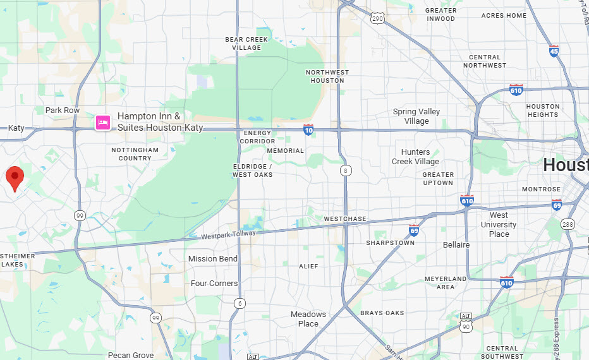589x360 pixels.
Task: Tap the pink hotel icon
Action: (x=103, y=122)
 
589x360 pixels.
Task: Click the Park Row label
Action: (x=63, y=111)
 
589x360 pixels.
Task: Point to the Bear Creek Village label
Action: (x=246, y=44)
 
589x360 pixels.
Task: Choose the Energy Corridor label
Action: (x=257, y=137)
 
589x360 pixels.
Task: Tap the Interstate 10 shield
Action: (x=308, y=129)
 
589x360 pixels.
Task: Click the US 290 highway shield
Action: (x=377, y=18)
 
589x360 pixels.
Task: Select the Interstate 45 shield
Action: (x=554, y=51)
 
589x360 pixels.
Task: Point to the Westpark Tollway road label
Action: (x=229, y=235)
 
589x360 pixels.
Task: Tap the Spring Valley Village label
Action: (x=416, y=116)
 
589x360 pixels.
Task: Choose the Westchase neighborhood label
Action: (x=345, y=219)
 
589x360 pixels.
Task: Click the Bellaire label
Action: (x=456, y=245)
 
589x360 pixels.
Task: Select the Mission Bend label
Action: (x=213, y=259)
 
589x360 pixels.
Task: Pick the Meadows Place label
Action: (x=308, y=319)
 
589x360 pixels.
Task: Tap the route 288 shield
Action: (x=568, y=224)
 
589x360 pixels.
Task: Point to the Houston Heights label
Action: (x=543, y=111)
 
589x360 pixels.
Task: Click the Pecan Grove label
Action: (x=131, y=356)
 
